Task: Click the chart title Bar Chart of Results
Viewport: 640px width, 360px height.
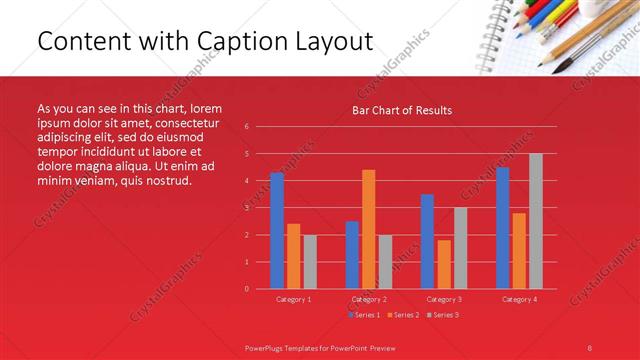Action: tap(402, 110)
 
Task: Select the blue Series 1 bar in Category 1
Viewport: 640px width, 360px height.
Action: tap(277, 231)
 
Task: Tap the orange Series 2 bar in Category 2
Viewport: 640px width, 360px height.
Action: tap(368, 229)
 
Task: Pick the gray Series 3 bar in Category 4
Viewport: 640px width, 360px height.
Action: tap(535, 221)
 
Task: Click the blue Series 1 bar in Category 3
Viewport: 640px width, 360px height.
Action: tap(427, 241)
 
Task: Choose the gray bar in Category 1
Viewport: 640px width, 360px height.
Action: tap(310, 262)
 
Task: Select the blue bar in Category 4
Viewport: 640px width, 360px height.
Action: tap(502, 228)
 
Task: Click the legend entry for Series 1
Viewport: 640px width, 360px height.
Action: tap(364, 315)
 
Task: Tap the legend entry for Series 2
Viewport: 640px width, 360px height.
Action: tap(402, 315)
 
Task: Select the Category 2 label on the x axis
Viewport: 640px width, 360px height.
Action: tap(368, 299)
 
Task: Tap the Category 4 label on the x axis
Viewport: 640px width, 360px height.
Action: tap(518, 299)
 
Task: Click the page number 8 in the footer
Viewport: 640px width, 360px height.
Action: tap(589, 346)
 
